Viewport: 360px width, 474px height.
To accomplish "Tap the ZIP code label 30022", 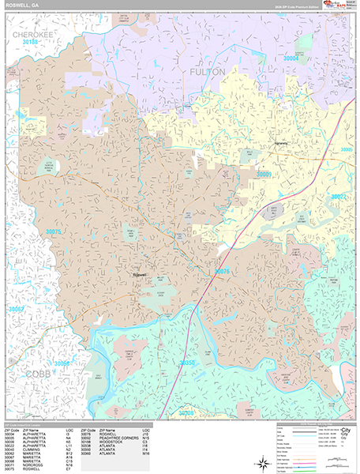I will (x=339, y=197).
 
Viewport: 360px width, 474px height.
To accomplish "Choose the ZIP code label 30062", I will (x=17, y=309).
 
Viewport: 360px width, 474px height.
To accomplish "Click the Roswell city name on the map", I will (x=140, y=274).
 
